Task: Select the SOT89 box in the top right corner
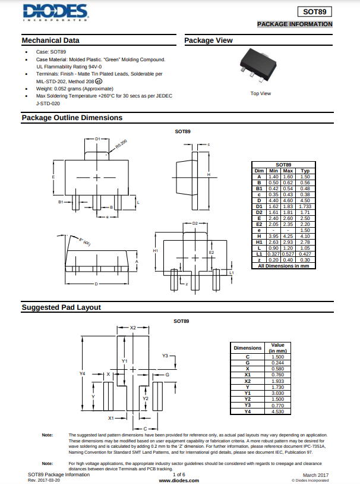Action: pos(315,11)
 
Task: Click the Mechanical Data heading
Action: pos(50,40)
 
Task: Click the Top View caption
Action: pos(260,93)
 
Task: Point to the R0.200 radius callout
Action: pos(121,144)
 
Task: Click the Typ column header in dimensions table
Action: pos(305,171)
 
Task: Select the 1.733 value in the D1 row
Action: pos(305,206)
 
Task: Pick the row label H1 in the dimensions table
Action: pos(259,242)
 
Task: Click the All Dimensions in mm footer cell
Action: pos(283,266)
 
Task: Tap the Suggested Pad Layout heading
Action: pos(61,307)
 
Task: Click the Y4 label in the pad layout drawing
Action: pos(83,373)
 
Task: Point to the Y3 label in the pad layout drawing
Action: pos(165,356)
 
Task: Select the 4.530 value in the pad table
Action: pos(277,411)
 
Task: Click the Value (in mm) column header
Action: pos(277,348)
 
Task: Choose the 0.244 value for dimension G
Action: pos(277,363)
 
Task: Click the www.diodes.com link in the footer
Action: pos(178,480)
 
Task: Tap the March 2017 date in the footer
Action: pos(315,474)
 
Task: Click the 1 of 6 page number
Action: pos(178,474)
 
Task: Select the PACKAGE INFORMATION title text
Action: pos(295,24)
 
